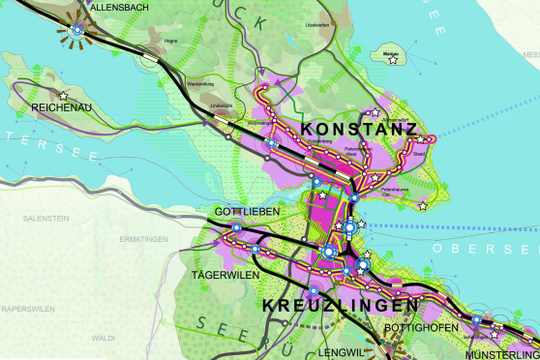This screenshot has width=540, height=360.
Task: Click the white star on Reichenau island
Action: pyautogui.click(x=63, y=95)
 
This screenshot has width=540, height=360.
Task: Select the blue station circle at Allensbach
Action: pyautogui.click(x=77, y=31)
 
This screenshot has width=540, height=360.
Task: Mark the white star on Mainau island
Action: pyautogui.click(x=393, y=60)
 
